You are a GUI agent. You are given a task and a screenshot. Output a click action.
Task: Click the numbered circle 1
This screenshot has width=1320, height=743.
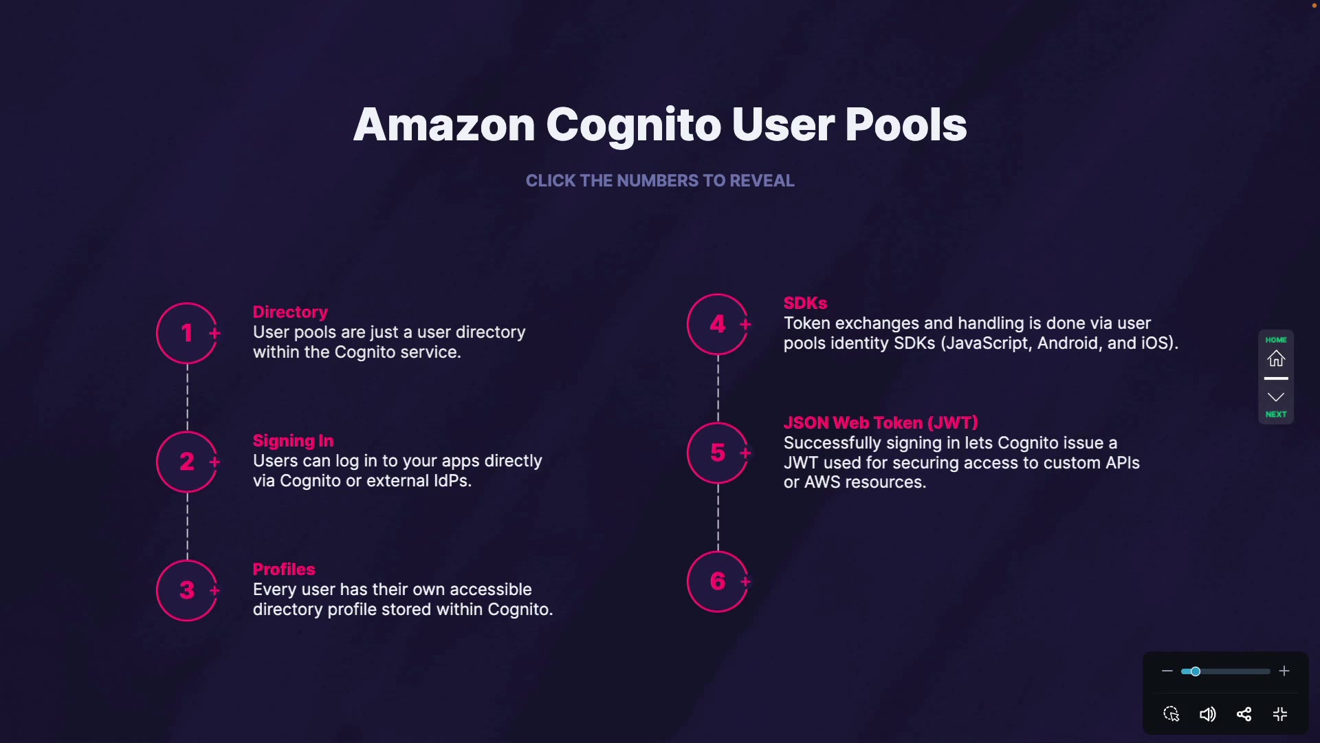pos(187,333)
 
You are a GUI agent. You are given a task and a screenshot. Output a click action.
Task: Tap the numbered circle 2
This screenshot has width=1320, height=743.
pos(187,462)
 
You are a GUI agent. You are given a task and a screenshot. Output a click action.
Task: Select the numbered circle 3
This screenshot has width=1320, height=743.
pos(187,590)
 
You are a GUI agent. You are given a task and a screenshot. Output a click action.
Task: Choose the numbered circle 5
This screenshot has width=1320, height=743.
pos(718,453)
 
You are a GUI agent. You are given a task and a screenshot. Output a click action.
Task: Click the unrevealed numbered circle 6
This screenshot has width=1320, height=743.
pos(718,581)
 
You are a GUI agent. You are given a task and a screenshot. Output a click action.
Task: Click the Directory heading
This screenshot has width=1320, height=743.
pos(290,312)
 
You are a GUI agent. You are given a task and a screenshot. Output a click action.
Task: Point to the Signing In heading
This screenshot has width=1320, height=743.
pos(293,441)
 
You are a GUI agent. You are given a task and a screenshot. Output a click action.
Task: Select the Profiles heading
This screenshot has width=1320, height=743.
pos(284,570)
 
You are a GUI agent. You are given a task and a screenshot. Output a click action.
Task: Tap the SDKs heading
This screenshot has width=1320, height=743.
pos(805,303)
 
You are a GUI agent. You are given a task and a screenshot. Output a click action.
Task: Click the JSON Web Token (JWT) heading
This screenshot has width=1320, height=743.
pos(881,423)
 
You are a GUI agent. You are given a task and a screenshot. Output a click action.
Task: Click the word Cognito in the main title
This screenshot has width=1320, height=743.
pos(632,125)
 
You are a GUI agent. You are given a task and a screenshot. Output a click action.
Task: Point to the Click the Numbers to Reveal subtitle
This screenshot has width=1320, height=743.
pos(660,181)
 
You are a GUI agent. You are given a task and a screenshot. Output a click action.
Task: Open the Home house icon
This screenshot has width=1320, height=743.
pos(1276,358)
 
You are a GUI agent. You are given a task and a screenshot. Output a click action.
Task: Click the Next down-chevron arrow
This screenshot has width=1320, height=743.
pos(1276,398)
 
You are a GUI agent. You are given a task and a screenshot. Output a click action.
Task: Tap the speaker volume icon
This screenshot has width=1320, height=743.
pos(1207,714)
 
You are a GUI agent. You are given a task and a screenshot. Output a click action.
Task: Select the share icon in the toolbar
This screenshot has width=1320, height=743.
pos(1244,714)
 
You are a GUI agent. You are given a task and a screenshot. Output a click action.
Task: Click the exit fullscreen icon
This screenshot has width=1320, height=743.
pos(1280,714)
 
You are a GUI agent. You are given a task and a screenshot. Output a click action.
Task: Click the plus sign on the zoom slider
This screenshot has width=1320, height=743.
pos(1284,671)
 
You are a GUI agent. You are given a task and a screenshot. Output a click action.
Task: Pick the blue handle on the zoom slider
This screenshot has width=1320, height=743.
pos(1196,671)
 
